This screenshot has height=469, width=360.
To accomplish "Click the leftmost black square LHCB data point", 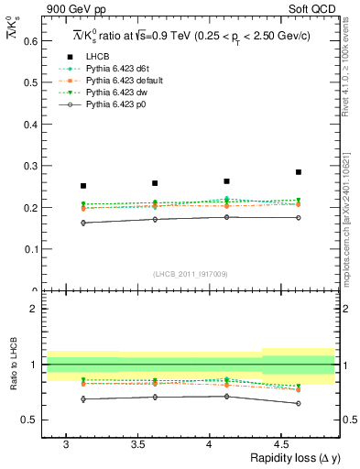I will click(x=83, y=186).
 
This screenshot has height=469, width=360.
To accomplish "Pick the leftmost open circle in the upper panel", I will click(x=83, y=223).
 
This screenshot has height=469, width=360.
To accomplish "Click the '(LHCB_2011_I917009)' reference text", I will click(x=191, y=273).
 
